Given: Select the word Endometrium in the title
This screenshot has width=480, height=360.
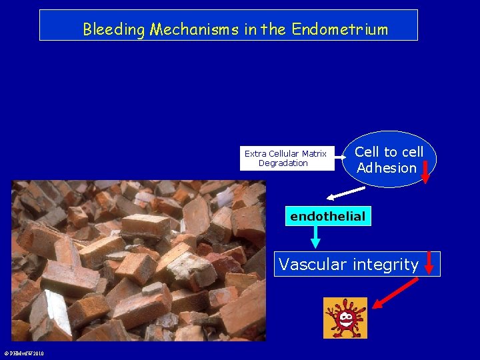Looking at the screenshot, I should (339, 29).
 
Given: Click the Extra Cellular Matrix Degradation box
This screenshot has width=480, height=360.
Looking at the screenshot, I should (287, 159).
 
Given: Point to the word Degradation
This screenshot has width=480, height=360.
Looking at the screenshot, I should (283, 163).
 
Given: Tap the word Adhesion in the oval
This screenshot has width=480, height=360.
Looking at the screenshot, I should (386, 168).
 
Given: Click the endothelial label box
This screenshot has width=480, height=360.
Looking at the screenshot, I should (327, 216).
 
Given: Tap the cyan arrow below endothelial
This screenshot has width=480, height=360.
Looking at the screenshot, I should (315, 237).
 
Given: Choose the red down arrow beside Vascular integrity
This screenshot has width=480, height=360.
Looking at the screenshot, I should (429, 263).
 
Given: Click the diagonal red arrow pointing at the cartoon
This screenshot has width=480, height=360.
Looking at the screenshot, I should (395, 294).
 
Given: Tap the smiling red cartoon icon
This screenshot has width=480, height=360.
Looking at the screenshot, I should (345, 318).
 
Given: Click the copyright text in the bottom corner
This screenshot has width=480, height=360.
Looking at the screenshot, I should (23, 353).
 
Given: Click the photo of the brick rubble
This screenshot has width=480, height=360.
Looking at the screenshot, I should (139, 261).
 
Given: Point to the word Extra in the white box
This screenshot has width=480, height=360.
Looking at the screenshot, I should (255, 154).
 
